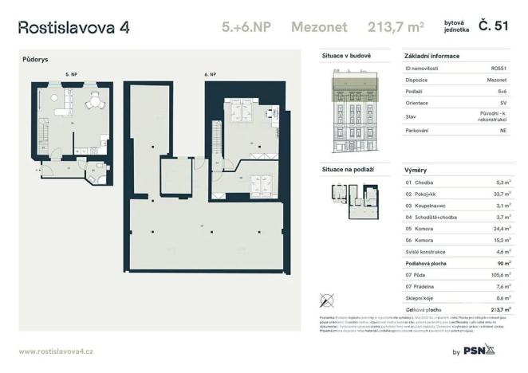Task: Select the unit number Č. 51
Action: pos(492,27)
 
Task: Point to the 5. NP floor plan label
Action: pos(71,73)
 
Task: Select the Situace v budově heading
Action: pos(345,57)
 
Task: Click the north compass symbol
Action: pos(326,300)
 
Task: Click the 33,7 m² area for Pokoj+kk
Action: pos(500,194)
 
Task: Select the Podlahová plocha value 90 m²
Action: pos(502,262)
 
